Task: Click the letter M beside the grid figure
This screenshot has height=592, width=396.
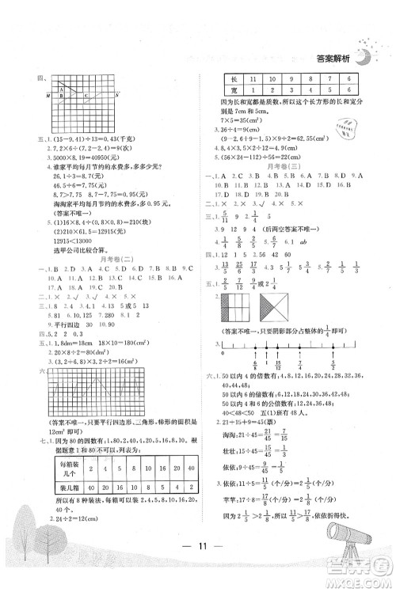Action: [x=49, y=95]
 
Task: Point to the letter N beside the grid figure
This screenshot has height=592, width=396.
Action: [x=117, y=95]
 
